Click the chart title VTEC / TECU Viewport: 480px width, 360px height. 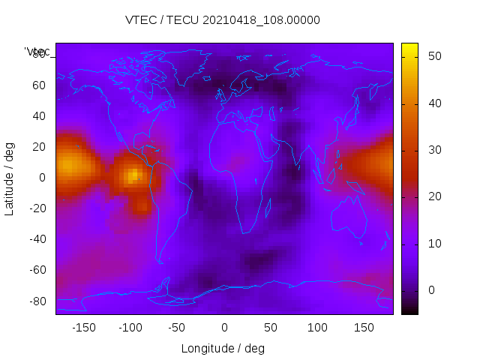pyautogui.click(x=223, y=20)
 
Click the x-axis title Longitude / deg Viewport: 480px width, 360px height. pyautogui.click(x=223, y=348)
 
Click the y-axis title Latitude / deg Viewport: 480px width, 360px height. pyautogui.click(x=10, y=178)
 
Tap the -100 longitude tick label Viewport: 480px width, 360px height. pyautogui.click(x=130, y=328)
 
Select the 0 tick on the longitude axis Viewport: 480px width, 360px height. pyautogui.click(x=224, y=328)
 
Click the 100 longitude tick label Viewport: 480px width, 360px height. pyautogui.click(x=317, y=328)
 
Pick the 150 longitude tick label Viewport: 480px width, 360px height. pyautogui.click(x=364, y=328)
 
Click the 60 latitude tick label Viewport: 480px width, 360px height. pyautogui.click(x=39, y=85)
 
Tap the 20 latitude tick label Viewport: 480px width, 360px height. pyautogui.click(x=39, y=147)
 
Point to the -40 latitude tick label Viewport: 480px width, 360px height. pyautogui.click(x=36, y=239)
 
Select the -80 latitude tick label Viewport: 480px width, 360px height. pyautogui.click(x=36, y=301)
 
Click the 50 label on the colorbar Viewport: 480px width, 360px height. pyautogui.click(x=433, y=56)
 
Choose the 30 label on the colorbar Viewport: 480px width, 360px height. pyautogui.click(x=433, y=150)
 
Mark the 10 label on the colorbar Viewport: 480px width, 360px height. pyautogui.click(x=433, y=244)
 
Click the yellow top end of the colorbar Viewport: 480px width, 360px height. pyautogui.click(x=409, y=46)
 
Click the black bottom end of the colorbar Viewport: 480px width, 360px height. pyautogui.click(x=409, y=311)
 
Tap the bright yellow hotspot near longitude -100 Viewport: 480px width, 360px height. pyautogui.click(x=133, y=175)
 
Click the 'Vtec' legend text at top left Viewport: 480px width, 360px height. pyautogui.click(x=37, y=52)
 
